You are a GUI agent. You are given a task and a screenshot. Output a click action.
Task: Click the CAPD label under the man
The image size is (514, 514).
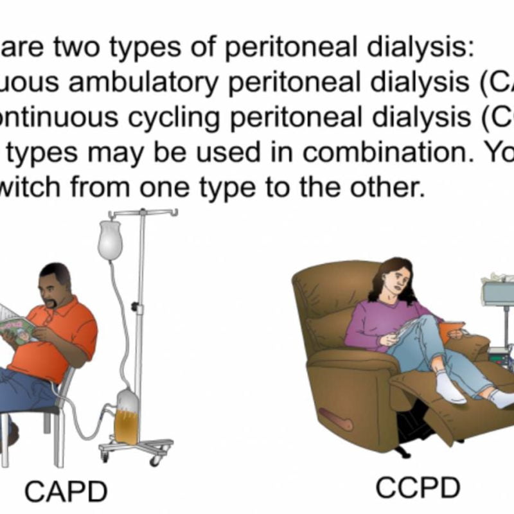click(65, 492)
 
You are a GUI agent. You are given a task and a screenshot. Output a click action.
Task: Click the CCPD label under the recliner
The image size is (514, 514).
click(418, 488)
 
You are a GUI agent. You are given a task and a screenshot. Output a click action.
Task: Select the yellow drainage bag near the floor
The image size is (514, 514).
click(126, 421)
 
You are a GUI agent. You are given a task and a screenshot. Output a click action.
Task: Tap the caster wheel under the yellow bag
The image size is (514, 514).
click(154, 460)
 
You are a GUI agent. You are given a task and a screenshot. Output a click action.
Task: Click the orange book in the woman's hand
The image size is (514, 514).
click(447, 329)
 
